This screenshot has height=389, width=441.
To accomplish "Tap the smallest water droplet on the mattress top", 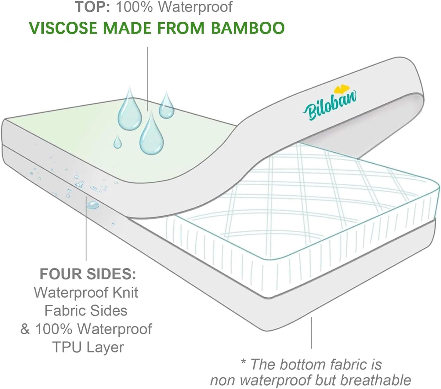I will click(117, 142).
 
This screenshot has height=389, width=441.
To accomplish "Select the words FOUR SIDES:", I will click(88, 274).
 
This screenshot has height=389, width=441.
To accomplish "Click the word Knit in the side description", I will click(125, 293).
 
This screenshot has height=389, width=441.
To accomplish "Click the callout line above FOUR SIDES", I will click(86, 232).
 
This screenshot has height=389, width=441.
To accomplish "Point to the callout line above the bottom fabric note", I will click(311, 333).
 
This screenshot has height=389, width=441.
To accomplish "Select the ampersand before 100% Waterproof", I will click(25, 329).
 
